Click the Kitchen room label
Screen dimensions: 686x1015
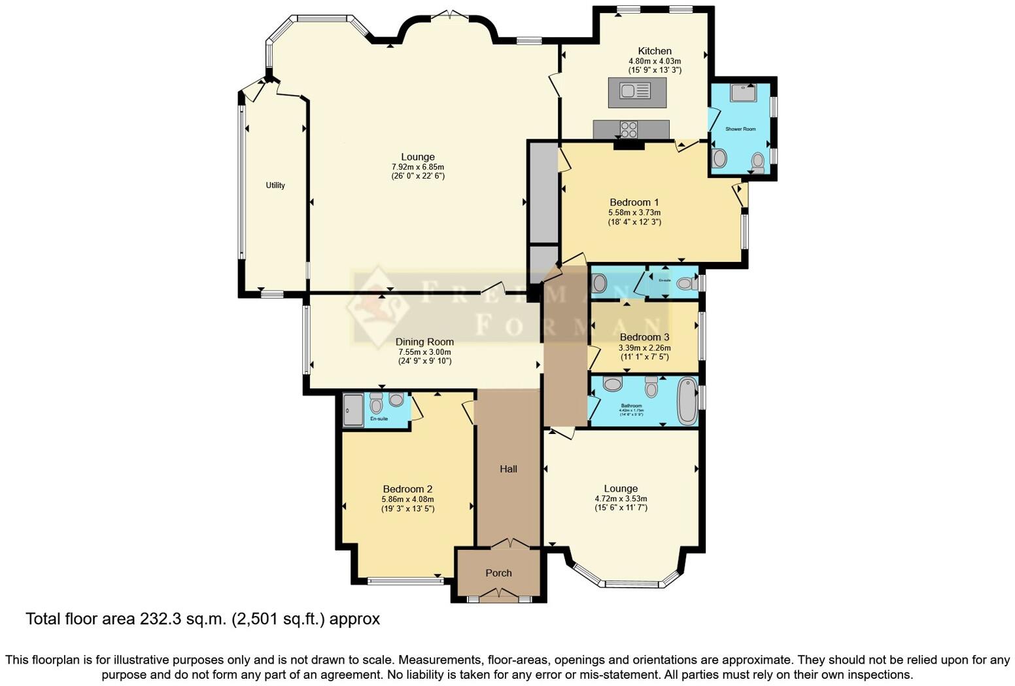click(655, 51)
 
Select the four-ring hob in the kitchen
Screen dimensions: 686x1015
click(628, 130)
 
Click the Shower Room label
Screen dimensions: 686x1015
click(740, 129)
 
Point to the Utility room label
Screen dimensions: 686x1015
click(275, 185)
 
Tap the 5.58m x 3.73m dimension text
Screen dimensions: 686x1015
click(634, 213)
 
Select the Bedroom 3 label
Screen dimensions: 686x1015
click(644, 337)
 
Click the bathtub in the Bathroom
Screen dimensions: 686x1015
click(687, 400)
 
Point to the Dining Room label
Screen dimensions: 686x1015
click(424, 342)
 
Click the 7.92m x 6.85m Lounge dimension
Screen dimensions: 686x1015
click(418, 167)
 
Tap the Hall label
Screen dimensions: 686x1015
click(508, 469)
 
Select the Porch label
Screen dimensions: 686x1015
click(498, 573)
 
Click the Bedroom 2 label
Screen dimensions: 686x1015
click(407, 489)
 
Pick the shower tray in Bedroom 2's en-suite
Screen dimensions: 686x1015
click(353, 410)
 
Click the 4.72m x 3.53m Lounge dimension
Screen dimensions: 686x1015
click(621, 499)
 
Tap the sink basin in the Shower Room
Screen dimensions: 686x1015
click(744, 92)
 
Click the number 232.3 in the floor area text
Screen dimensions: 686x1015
click(163, 619)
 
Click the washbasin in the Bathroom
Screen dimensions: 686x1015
click(613, 384)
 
